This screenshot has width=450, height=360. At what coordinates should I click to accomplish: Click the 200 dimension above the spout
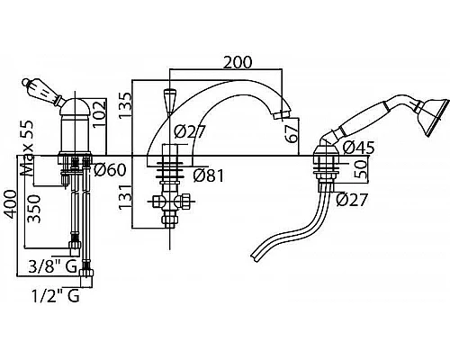(x=238, y=62)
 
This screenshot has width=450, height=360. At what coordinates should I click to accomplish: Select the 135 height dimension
(x=125, y=105)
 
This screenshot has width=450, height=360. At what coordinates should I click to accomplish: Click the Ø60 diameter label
(x=110, y=170)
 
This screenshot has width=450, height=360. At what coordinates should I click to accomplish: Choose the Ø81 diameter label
(x=209, y=175)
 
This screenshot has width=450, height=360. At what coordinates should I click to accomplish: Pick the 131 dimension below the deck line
(x=125, y=197)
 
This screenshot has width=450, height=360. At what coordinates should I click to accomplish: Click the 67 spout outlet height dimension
(x=291, y=133)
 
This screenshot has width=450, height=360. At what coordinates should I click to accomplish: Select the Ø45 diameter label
(x=358, y=148)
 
